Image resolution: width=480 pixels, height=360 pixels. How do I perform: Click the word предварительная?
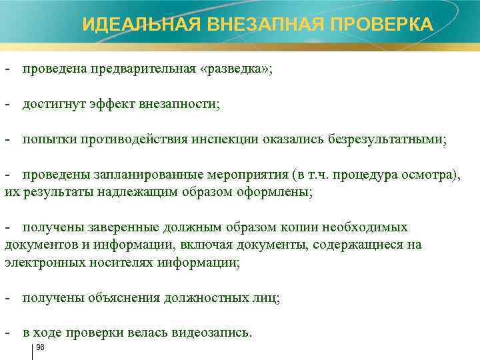click(147, 70)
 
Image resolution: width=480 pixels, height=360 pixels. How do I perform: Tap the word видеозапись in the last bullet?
click(211, 332)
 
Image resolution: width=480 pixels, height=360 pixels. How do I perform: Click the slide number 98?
click(40, 347)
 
